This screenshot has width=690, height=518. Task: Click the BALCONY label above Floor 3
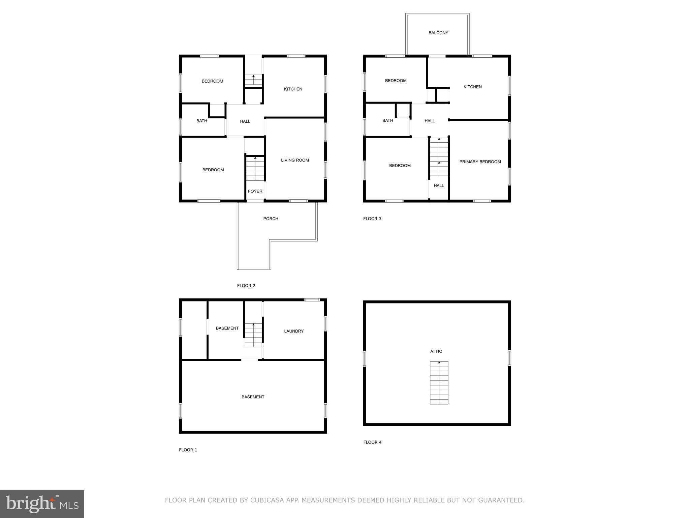point(438,33)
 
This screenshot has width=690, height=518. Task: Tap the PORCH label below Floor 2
point(271,219)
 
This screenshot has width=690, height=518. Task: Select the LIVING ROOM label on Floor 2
point(295,160)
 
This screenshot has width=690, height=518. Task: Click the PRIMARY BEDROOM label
point(480,162)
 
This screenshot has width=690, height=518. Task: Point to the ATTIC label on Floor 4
point(436,351)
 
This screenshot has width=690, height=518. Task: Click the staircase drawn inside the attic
point(439,383)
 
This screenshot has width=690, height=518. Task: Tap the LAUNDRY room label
point(294,331)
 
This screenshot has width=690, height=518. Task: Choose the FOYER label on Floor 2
point(255,191)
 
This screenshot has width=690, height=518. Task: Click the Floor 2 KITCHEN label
point(293,89)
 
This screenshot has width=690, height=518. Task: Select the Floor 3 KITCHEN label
point(472,87)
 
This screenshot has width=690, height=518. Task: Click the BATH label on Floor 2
point(201,121)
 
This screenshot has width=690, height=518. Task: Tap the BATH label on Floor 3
point(387,120)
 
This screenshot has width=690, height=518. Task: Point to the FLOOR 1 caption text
point(188,450)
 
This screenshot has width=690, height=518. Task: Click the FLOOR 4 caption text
point(372,442)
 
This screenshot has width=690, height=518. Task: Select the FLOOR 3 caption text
point(372,219)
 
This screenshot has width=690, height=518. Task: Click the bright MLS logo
point(42,504)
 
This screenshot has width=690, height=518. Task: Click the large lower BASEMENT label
point(253,397)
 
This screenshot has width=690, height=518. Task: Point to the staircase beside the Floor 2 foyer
point(255,169)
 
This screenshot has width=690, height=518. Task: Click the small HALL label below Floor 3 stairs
point(439,185)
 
